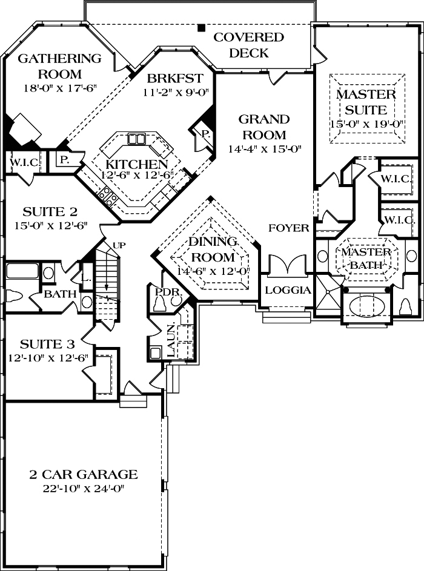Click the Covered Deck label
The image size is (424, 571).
[248, 45]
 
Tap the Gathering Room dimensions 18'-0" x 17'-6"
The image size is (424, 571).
[60, 89]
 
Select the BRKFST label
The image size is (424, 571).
[175, 78]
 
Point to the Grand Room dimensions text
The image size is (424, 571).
[265, 149]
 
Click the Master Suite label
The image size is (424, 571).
[366, 102]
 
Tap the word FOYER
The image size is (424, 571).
[289, 228]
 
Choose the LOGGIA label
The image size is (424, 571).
[288, 290]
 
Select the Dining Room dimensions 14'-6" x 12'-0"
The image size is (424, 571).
[213, 271]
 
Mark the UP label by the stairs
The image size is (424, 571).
[119, 245]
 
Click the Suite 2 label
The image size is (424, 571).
[50, 211]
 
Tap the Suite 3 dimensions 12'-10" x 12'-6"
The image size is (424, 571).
[48, 358]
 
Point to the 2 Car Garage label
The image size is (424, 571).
[84, 474]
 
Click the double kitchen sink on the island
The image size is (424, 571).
[136, 139]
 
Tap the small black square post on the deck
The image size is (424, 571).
[200, 28]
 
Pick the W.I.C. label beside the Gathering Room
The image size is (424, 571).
[24, 162]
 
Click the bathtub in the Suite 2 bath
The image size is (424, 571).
[23, 272]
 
